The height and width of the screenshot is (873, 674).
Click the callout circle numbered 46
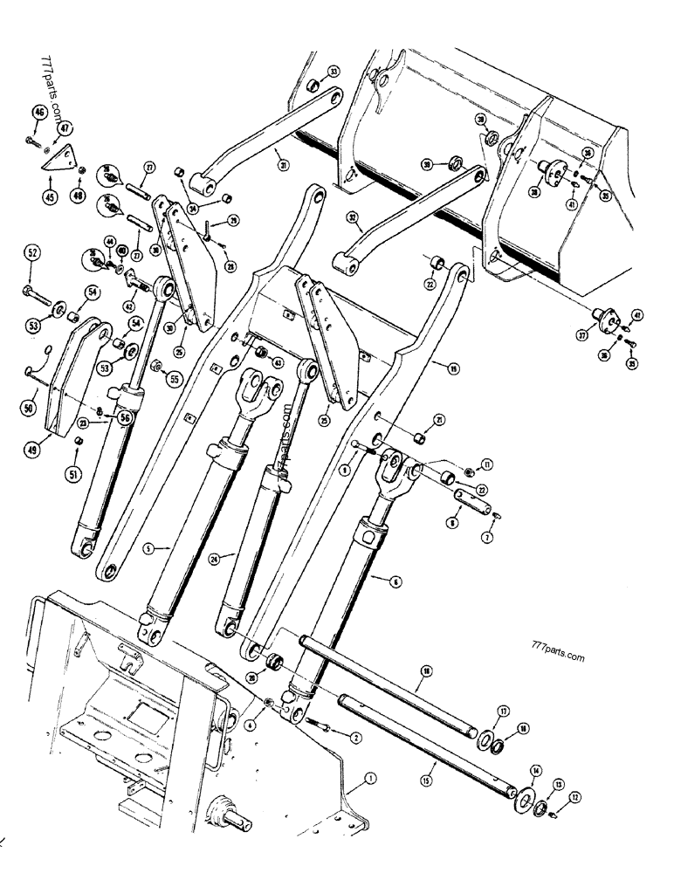tap(39, 113)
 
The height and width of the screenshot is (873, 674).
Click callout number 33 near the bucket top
tap(334, 71)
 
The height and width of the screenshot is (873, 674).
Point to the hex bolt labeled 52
tap(29, 290)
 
